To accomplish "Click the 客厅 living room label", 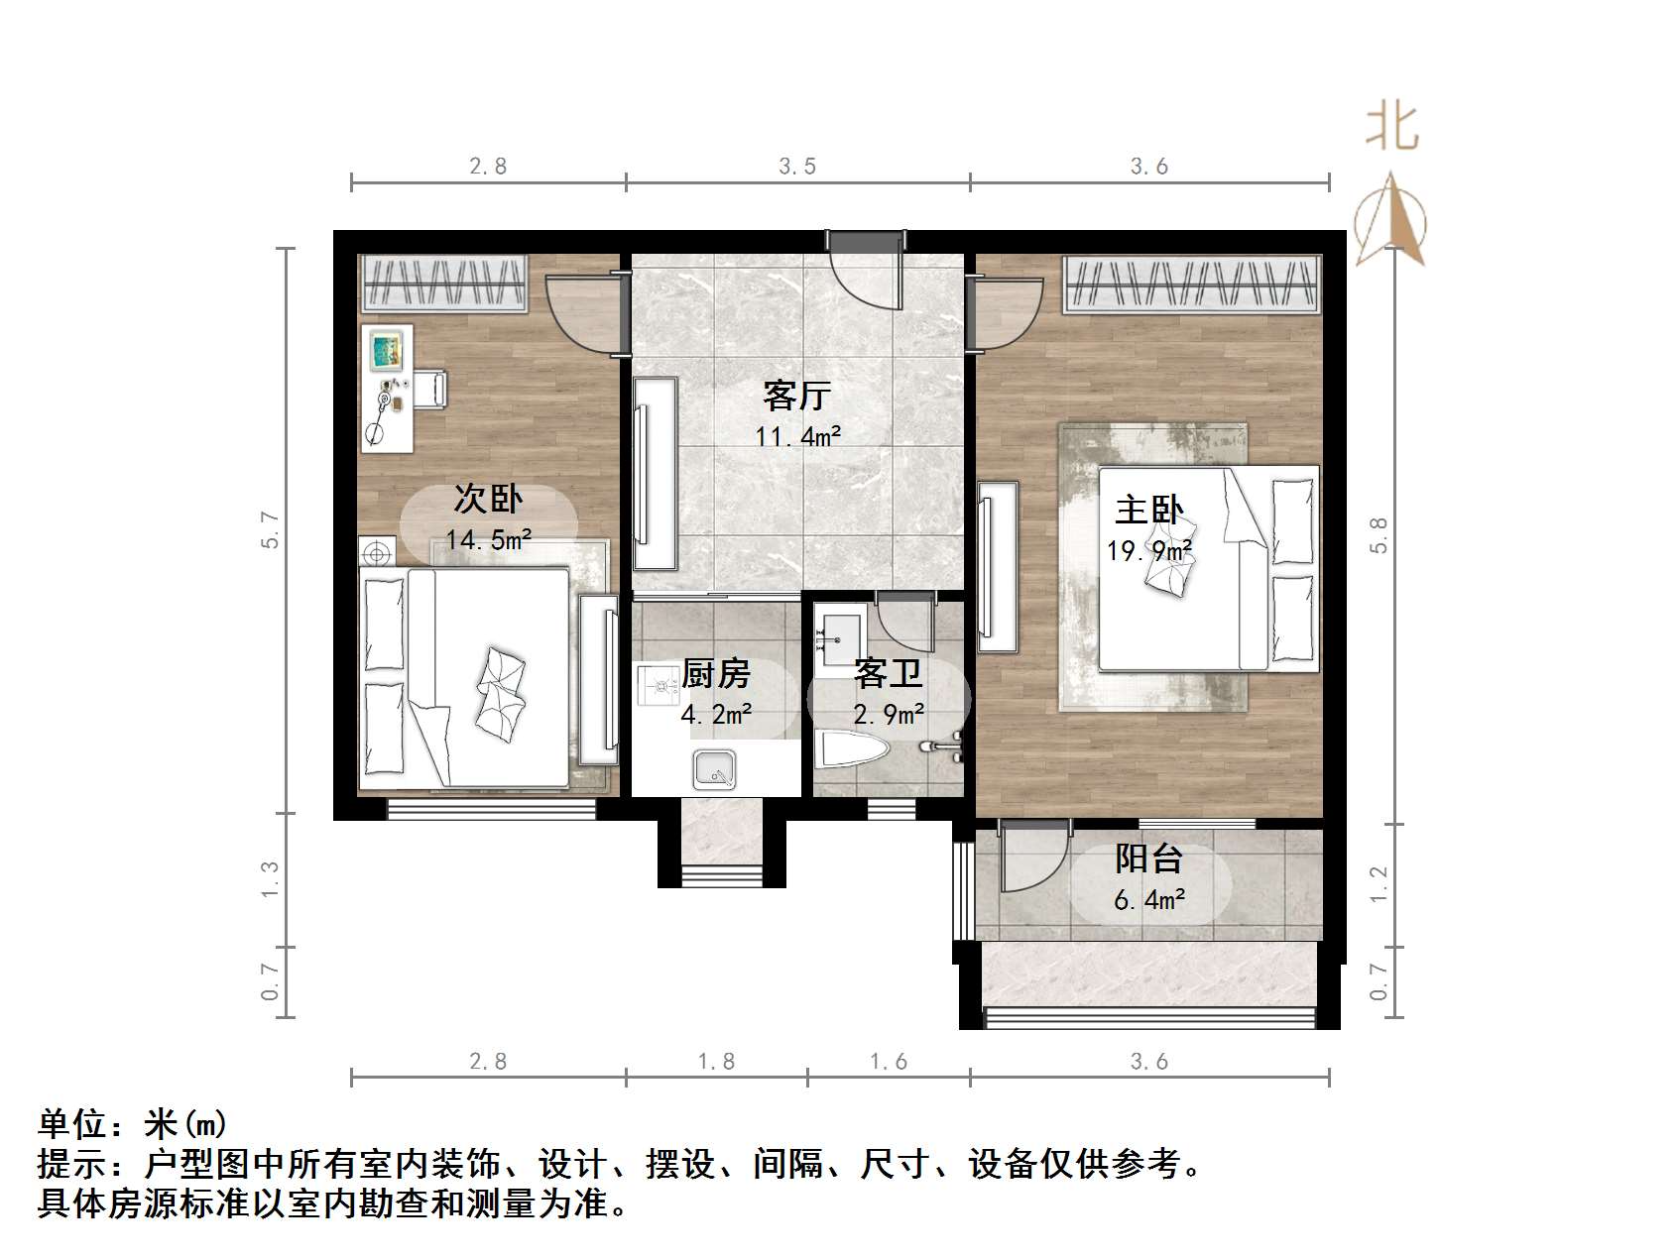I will tap(796, 396).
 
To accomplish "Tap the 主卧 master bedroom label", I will tap(1148, 510).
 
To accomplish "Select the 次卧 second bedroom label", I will tap(488, 498).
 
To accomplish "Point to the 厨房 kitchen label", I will tap(716, 674).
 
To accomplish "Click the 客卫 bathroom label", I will tap(889, 674).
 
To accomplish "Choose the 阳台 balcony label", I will tap(1148, 859).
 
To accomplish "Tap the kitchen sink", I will tap(713, 768).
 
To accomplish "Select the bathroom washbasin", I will tap(841, 633).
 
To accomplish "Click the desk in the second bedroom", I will tap(387, 388).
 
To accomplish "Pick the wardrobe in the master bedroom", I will tap(1193, 284).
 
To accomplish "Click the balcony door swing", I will tap(1031, 859).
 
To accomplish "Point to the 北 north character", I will tap(1391, 128).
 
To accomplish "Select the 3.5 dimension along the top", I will tap(797, 167).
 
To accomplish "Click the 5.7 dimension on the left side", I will tap(271, 529).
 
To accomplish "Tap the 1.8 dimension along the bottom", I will tap(716, 1062).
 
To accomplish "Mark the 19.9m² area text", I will tap(1148, 549).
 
